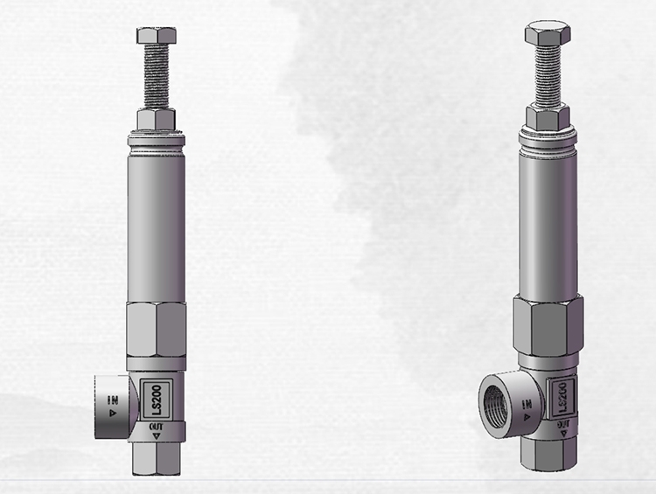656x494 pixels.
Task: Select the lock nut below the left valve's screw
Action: [157, 118]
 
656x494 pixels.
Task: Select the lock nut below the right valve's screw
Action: [548, 116]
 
